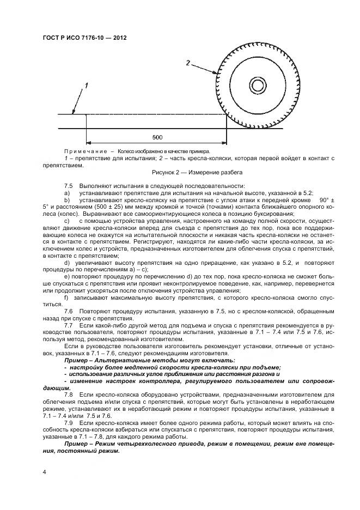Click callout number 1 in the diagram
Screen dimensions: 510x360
coord(86,86)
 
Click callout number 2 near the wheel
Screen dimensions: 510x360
coord(188,63)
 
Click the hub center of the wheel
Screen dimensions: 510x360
coord(257,86)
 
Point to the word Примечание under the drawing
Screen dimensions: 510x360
coord(84,151)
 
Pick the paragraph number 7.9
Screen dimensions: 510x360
coord(69,422)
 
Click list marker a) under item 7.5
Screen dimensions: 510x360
coord(67,193)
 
